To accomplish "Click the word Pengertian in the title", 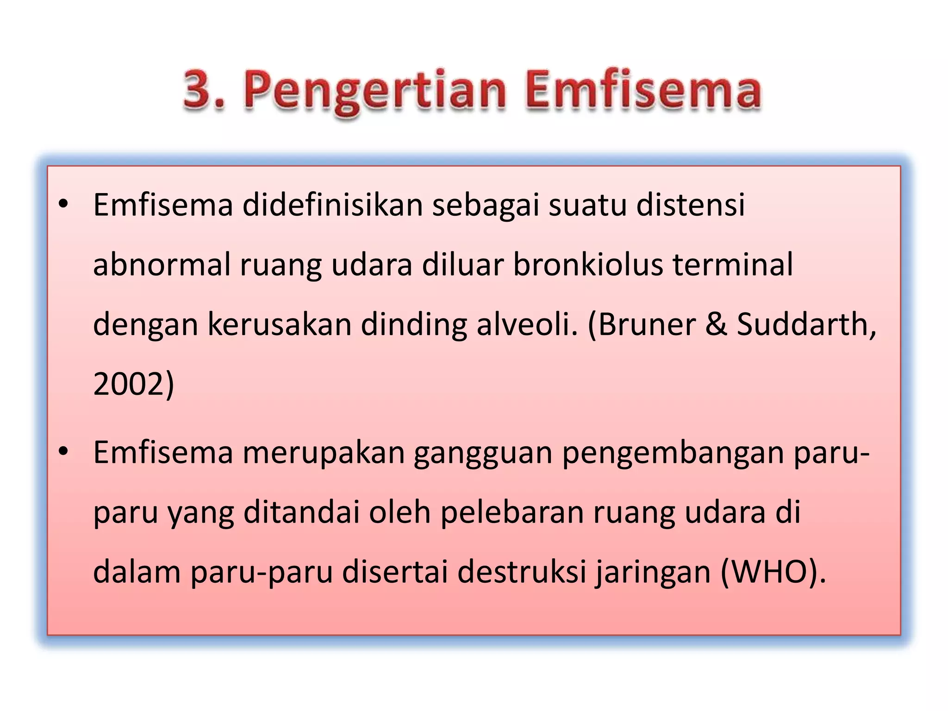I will [375, 90].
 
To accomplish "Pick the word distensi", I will [690, 205].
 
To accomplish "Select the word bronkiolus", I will [588, 265].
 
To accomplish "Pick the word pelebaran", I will [512, 513].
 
